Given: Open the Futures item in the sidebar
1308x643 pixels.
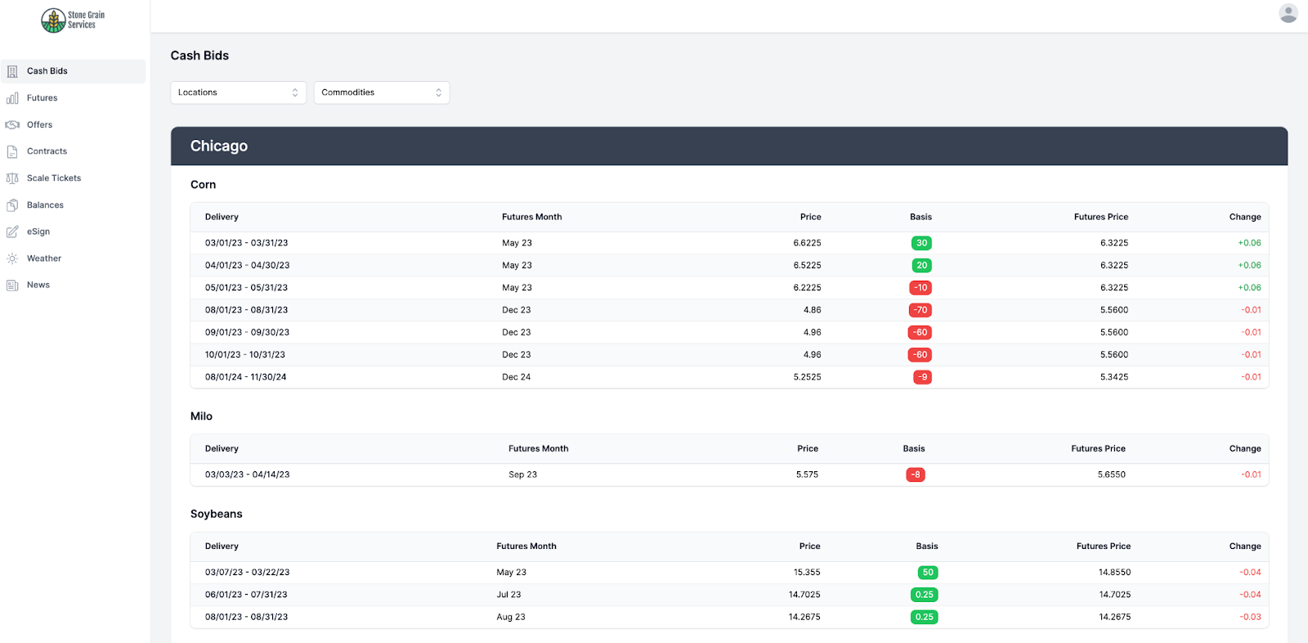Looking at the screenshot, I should click(x=42, y=98).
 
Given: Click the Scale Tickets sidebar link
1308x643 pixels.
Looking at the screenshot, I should click(x=53, y=178).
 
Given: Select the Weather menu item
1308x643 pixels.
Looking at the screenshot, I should click(x=43, y=259).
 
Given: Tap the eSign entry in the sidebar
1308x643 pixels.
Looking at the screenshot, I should click(x=38, y=232).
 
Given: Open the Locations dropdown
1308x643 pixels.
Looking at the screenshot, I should click(x=238, y=92).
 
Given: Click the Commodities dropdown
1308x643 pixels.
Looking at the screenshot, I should click(x=381, y=92).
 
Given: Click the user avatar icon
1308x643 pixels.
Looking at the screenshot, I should click(x=1288, y=13).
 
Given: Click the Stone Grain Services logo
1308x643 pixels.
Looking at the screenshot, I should click(x=73, y=20).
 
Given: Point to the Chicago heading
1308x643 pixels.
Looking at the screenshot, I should click(x=219, y=146).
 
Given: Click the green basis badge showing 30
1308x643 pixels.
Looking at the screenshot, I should click(x=921, y=243).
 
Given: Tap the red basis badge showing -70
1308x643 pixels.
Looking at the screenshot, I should click(x=921, y=310).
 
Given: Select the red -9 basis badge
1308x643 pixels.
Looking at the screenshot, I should click(x=922, y=377).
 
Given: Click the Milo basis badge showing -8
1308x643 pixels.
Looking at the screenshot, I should click(x=916, y=474).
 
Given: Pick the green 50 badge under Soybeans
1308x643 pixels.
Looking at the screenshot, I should click(x=927, y=573).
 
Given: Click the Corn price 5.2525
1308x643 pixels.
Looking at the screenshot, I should click(x=807, y=377).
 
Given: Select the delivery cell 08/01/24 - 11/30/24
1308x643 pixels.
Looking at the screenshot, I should click(x=245, y=377).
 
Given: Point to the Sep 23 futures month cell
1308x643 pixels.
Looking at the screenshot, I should click(x=522, y=474).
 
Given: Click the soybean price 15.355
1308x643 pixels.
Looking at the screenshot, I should click(x=806, y=573).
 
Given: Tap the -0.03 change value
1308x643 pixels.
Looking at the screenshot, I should click(x=1250, y=617).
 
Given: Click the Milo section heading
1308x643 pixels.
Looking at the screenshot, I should click(x=201, y=416).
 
